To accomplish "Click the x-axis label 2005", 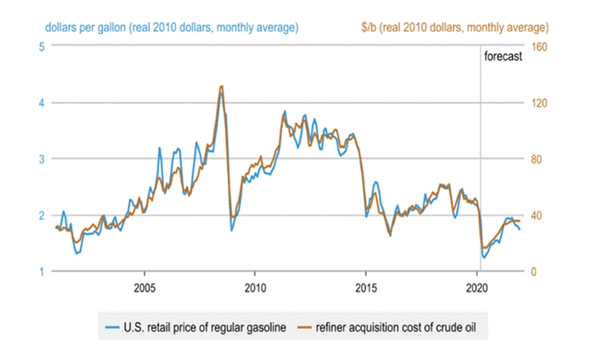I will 145,288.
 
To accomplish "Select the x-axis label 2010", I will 255,288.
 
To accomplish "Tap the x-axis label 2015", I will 366,288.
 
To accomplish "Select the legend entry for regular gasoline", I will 195,330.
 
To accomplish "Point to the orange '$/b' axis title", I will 454,27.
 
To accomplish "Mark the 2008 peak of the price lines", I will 220,87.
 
